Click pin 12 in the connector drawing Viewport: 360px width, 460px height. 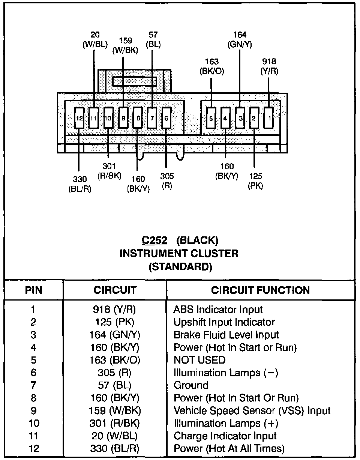point(79,118)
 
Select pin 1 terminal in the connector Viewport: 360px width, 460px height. point(269,118)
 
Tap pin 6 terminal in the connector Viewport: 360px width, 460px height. point(166,118)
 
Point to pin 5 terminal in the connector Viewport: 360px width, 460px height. point(211,118)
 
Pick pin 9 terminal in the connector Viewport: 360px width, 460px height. point(123,118)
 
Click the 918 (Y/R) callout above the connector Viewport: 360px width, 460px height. point(270,66)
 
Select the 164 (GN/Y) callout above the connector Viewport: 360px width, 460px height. point(240,40)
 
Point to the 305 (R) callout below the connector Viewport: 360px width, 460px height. point(166,181)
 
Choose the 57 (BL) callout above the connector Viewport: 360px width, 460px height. point(153,40)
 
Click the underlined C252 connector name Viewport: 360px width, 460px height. point(154,240)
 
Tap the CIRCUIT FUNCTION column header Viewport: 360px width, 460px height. point(260,290)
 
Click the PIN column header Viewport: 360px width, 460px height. point(34,290)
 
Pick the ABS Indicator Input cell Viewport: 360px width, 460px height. point(218,310)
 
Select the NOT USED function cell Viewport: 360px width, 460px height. point(199,360)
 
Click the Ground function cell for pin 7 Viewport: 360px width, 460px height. point(191,385)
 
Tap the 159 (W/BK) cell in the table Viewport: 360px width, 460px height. point(114,410)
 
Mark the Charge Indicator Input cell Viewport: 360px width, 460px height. point(225,436)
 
